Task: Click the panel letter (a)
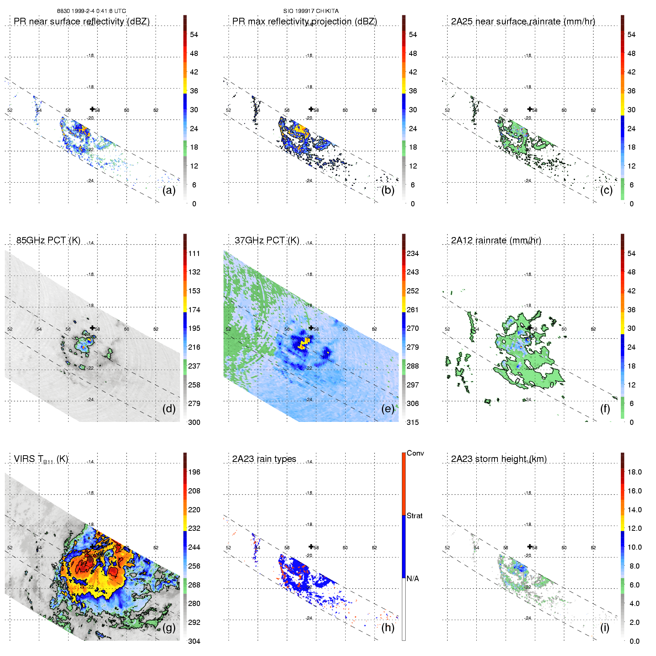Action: coord(169,190)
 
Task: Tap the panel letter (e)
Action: coord(387,409)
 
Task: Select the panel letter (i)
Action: coord(605,628)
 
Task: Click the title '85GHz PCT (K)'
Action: coord(48,240)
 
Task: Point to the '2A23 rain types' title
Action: coord(264,459)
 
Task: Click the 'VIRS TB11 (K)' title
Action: coord(41,459)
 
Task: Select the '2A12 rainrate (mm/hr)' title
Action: coord(496,240)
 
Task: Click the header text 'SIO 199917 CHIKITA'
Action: coord(311,11)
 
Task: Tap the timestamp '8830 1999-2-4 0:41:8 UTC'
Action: coord(91,11)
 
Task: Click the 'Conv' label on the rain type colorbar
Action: coord(415,453)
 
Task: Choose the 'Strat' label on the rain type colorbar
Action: coord(414,516)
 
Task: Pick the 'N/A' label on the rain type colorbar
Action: coord(413,579)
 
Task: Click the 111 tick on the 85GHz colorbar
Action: coord(194,253)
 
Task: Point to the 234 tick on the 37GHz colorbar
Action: coord(413,253)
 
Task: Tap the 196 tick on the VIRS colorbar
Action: coord(194,472)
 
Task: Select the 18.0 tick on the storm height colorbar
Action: coord(635,472)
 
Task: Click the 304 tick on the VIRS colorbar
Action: coord(194,641)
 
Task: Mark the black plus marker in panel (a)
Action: coord(92,109)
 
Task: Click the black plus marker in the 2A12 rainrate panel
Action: coord(530,328)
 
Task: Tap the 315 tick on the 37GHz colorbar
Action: coord(413,422)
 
